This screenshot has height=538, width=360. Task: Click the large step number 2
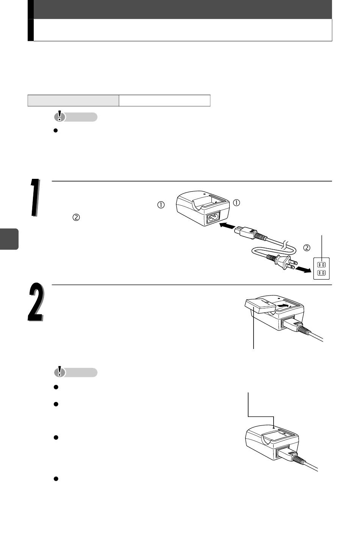click(36, 302)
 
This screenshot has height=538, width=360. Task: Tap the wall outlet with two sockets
click(321, 268)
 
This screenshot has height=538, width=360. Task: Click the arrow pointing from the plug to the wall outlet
click(303, 270)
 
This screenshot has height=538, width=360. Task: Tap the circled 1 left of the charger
click(161, 205)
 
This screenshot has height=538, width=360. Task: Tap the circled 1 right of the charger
click(237, 203)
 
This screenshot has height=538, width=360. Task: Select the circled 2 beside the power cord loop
click(307, 247)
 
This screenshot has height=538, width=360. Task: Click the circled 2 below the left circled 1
click(76, 217)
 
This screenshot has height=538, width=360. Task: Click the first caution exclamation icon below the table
click(59, 117)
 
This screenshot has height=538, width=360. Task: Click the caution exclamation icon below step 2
click(59, 372)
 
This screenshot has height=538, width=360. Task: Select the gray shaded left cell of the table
click(73, 100)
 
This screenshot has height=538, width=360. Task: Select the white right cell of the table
click(164, 100)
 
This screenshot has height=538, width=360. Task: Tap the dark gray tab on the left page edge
click(9, 239)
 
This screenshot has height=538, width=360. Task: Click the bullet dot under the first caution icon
click(55, 131)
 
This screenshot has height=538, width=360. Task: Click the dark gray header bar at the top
click(182, 9)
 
